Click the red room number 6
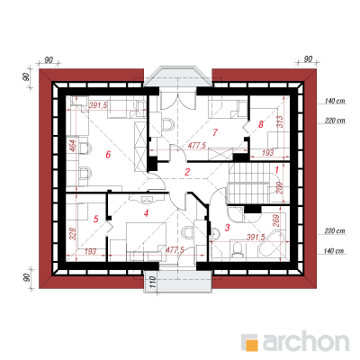click(108, 155)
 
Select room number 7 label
click(215, 132)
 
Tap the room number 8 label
click(261, 124)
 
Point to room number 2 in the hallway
click(187, 172)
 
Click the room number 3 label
click(227, 228)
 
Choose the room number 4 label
click(146, 213)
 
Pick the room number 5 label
click(95, 219)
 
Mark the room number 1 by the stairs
click(277, 170)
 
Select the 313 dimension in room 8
click(279, 121)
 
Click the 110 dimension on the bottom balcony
click(152, 283)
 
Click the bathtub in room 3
click(272, 244)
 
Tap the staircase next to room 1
click(250, 183)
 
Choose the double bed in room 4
click(146, 241)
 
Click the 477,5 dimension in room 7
click(197, 146)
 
